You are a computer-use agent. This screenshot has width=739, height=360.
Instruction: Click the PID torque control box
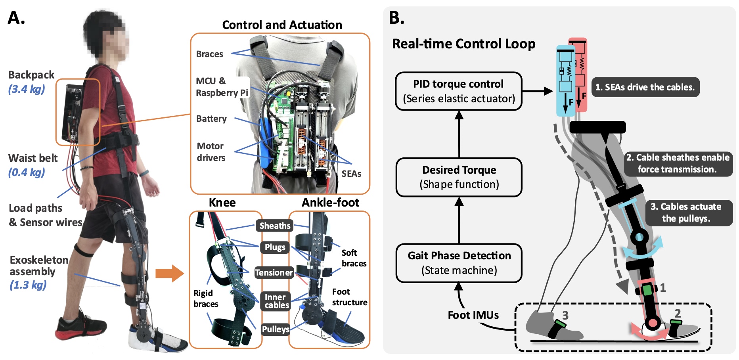459,91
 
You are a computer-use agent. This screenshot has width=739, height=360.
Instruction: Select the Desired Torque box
459,177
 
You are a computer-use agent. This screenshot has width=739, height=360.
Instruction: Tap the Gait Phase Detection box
459,263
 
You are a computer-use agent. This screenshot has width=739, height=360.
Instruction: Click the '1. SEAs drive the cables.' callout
645,87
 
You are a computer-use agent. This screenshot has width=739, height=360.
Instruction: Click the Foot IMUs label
473,315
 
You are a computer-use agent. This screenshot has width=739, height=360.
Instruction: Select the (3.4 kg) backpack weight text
27,89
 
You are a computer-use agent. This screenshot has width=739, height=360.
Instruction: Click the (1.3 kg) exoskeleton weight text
28,285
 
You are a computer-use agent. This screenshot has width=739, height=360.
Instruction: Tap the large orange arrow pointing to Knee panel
170,273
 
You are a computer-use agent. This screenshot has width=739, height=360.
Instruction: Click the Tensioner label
274,273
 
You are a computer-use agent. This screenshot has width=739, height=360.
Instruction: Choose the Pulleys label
276,329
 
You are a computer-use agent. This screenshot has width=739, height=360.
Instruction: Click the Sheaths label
275,226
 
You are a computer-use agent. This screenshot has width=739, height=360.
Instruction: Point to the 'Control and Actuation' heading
282,25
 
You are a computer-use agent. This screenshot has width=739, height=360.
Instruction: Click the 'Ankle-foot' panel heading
330,203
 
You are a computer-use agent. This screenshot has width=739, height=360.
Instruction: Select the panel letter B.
396,18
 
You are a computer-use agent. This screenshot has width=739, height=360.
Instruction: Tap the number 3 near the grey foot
565,315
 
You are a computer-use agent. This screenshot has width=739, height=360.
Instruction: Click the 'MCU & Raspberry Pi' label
221,87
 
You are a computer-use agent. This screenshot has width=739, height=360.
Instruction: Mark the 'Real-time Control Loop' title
463,44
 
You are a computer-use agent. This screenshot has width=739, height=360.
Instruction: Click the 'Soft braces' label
354,258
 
